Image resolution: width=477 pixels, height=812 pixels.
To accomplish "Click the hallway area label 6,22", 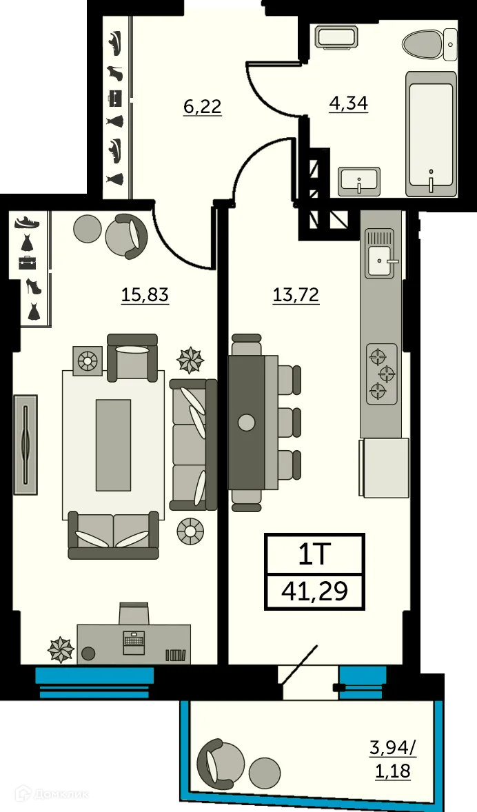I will [202, 106].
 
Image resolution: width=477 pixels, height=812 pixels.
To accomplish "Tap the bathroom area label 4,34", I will [349, 103].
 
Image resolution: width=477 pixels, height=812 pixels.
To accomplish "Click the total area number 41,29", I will [314, 591].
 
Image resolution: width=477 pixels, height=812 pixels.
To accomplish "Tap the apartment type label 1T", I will [314, 554].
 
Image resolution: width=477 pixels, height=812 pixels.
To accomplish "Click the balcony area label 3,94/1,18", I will [393, 758].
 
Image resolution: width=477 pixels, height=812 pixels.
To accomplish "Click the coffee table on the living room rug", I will [113, 445].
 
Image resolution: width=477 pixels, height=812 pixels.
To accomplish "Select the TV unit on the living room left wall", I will [25, 444].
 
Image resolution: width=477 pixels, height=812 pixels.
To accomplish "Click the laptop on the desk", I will [134, 640].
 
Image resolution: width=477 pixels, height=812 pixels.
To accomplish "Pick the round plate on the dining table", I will [246, 422].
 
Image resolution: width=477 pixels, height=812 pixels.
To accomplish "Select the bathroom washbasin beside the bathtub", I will [359, 181].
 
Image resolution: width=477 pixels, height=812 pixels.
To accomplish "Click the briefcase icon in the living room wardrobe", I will [28, 263].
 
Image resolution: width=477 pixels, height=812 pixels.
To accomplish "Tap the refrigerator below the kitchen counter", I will [383, 467].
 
